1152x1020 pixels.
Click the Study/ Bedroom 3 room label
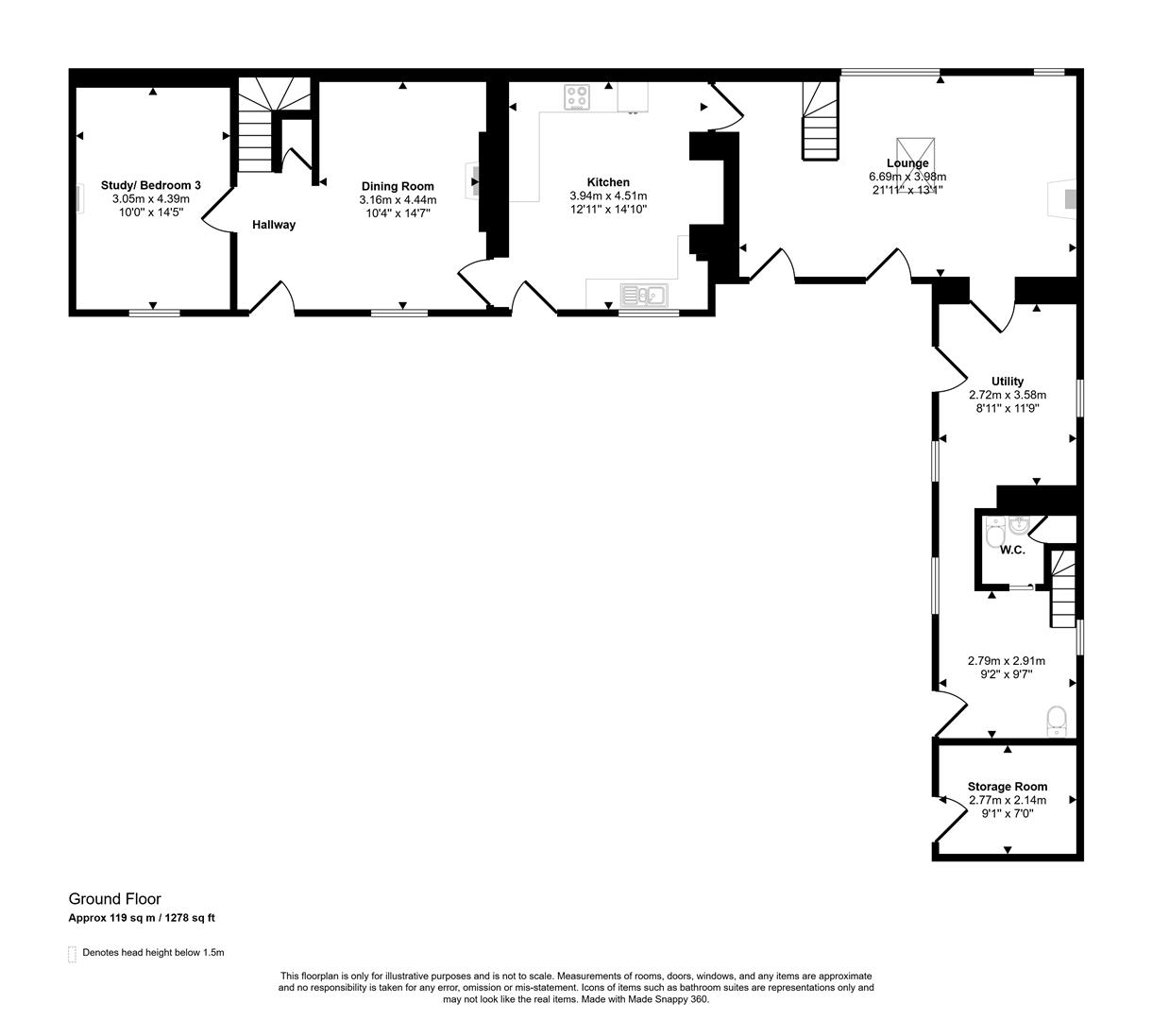151,186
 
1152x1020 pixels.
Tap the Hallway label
273,225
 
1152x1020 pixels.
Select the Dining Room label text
398,186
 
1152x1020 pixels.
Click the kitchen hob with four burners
577,97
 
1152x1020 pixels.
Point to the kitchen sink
643,295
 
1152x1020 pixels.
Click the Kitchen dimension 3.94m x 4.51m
608,195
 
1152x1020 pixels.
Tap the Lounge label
906,163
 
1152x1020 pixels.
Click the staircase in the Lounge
820,122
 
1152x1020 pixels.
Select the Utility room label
1008,382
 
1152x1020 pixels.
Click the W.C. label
1012,550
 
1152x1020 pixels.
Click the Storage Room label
1007,787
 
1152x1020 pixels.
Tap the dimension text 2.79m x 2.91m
1007,661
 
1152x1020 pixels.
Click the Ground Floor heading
114,899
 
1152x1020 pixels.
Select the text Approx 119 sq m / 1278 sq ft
147,918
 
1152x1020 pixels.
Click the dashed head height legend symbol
72,954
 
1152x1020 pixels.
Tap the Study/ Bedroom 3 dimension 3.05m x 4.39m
151,199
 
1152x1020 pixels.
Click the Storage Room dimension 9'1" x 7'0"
1007,813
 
